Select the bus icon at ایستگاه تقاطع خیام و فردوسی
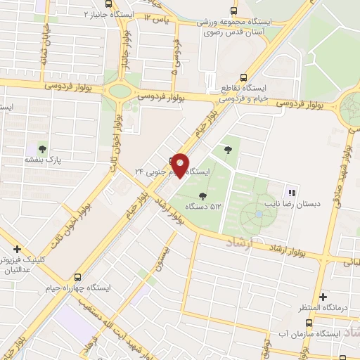[244, 78]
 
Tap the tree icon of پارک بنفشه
[43, 149]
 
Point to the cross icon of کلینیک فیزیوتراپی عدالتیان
[17, 249]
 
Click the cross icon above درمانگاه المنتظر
[323, 297]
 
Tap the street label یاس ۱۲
[157, 16]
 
